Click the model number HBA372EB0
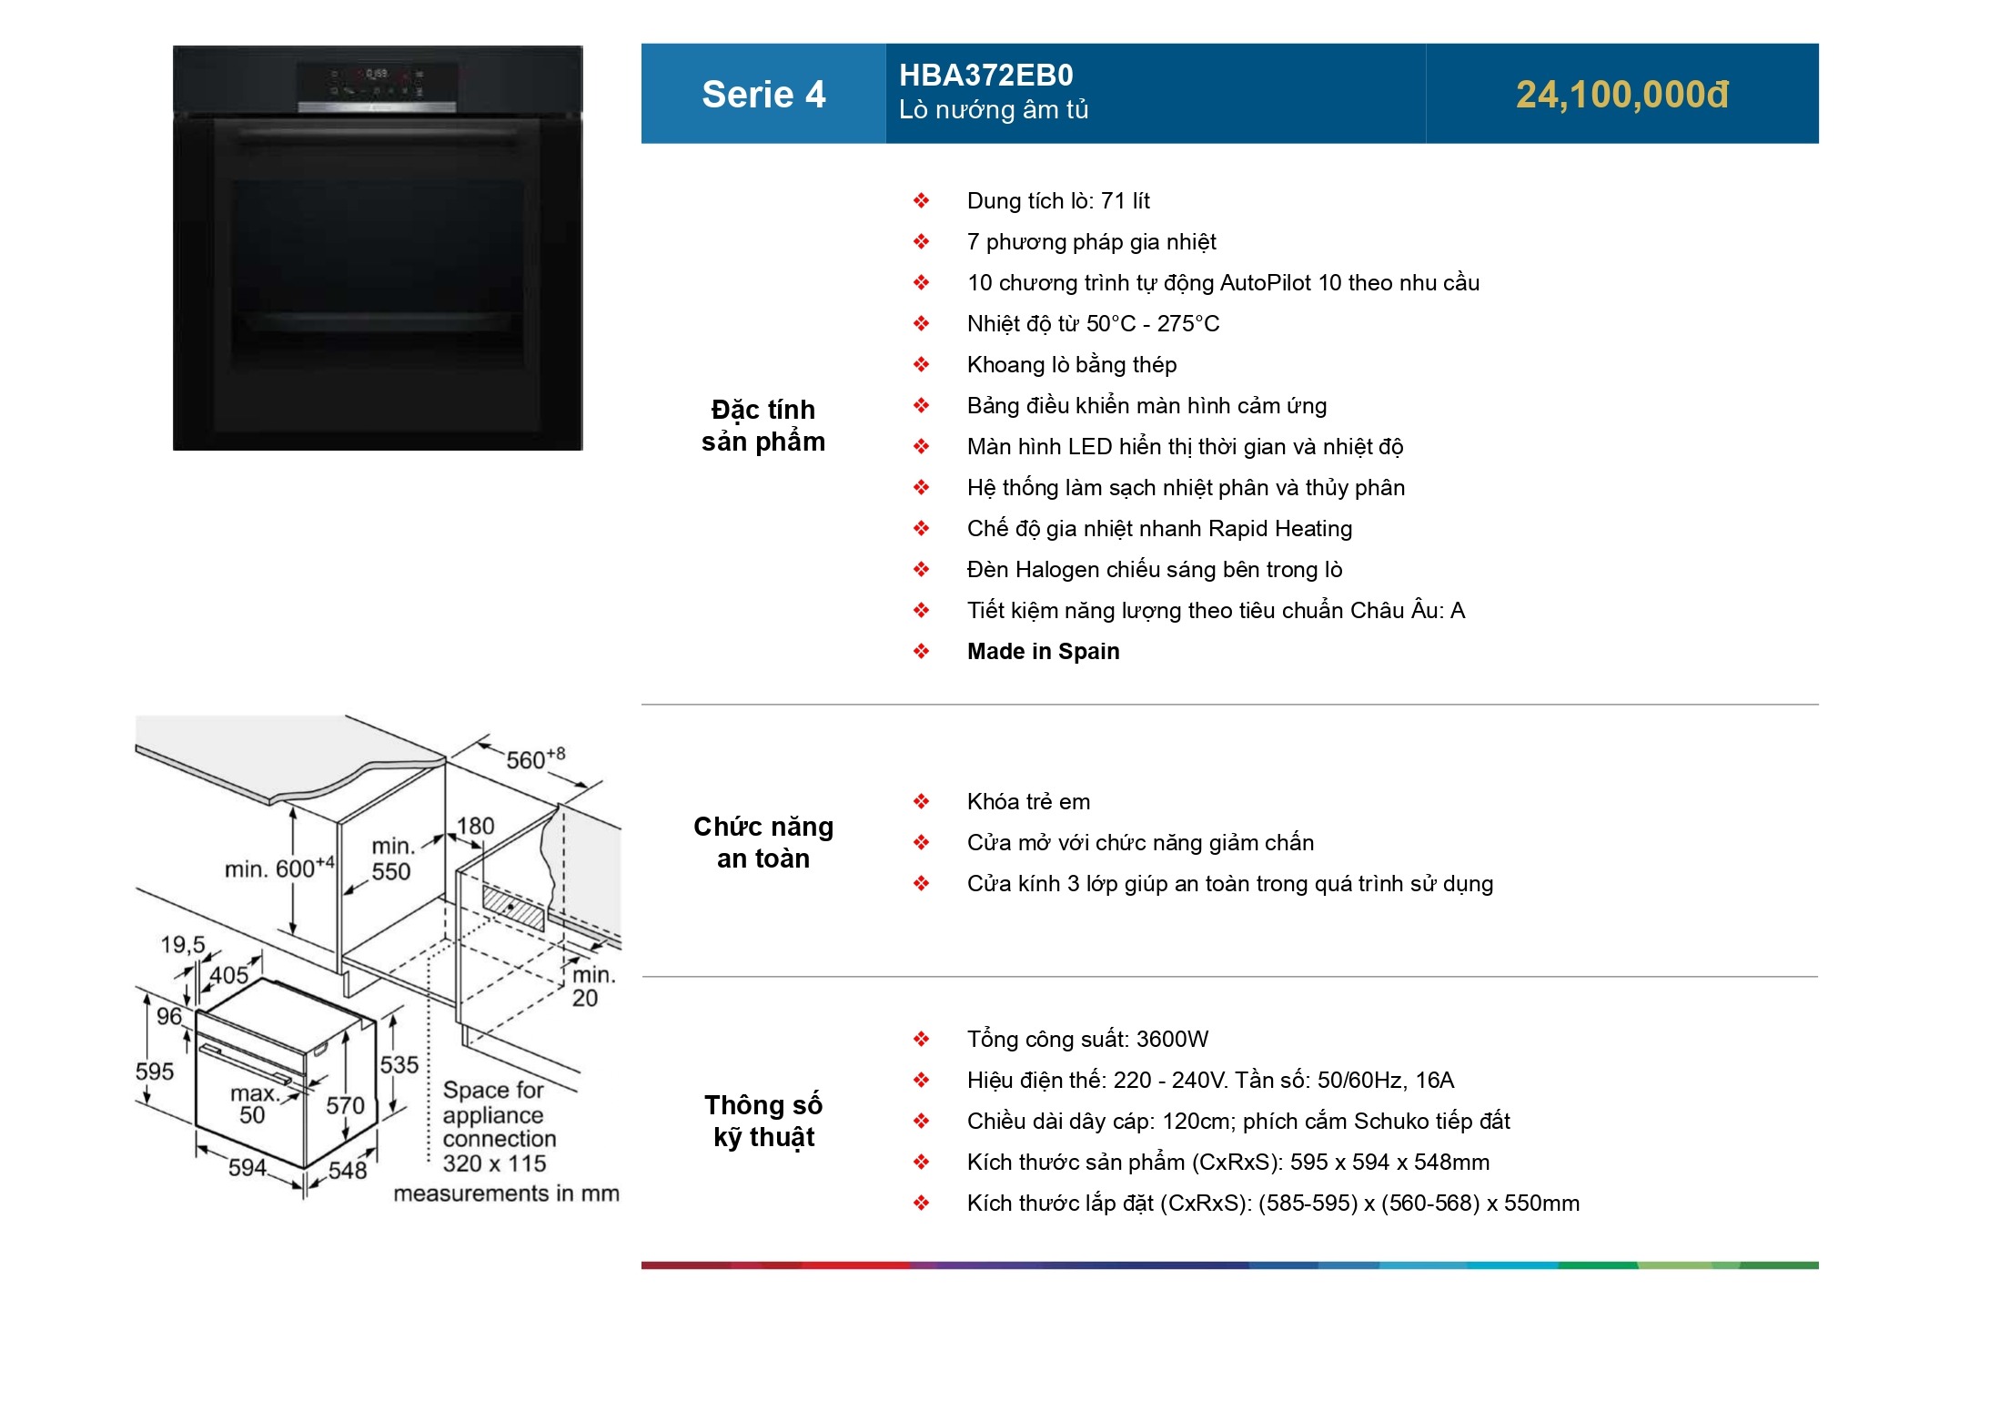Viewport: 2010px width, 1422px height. [985, 75]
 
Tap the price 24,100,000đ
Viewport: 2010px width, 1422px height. [1621, 95]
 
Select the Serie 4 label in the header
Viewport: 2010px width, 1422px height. [763, 95]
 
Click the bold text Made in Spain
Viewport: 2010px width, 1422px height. [1043, 652]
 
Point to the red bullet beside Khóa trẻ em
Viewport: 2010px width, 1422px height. [921, 802]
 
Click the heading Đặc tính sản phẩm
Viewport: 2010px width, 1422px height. [763, 425]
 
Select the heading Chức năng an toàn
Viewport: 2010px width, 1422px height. [763, 842]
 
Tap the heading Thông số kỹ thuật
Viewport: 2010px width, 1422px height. [763, 1121]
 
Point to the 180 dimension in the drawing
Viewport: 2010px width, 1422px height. [475, 826]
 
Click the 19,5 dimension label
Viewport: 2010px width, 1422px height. [183, 945]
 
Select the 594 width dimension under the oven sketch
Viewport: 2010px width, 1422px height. [247, 1167]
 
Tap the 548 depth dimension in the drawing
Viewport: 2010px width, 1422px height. [348, 1170]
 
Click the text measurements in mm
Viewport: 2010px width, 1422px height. [506, 1193]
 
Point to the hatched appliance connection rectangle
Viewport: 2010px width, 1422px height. [513, 909]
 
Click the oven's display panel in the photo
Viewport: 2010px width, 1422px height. [377, 82]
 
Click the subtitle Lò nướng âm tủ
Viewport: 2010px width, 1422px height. [993, 110]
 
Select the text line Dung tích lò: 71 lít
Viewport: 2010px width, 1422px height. [1058, 201]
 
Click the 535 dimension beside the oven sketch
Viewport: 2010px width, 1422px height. [399, 1065]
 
